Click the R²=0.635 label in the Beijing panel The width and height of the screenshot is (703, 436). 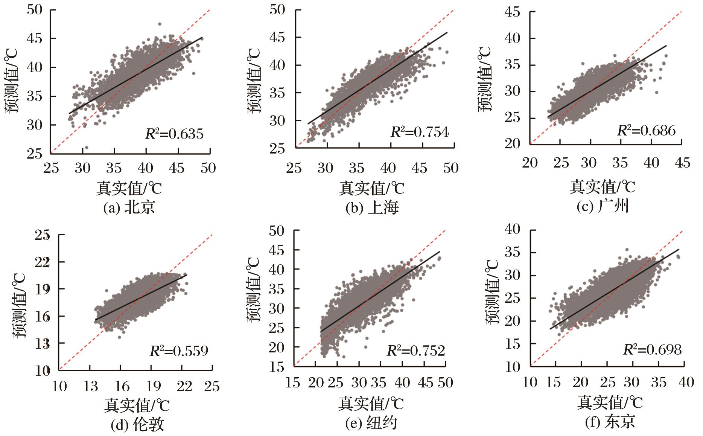click(x=174, y=134)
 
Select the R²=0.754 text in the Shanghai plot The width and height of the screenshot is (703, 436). click(x=420, y=132)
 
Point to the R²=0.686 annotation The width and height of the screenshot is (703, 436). click(x=646, y=130)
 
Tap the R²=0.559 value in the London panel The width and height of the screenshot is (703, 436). click(x=179, y=351)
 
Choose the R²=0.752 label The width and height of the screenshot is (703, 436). click(x=416, y=351)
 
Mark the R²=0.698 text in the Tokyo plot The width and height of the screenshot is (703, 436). click(x=652, y=350)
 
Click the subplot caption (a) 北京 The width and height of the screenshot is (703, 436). click(x=129, y=208)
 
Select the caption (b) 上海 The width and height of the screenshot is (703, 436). click(x=372, y=208)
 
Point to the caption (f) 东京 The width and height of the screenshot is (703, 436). click(x=610, y=422)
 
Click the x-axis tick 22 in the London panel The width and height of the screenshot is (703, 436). click(x=184, y=386)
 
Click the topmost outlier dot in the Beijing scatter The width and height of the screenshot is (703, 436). click(x=160, y=24)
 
